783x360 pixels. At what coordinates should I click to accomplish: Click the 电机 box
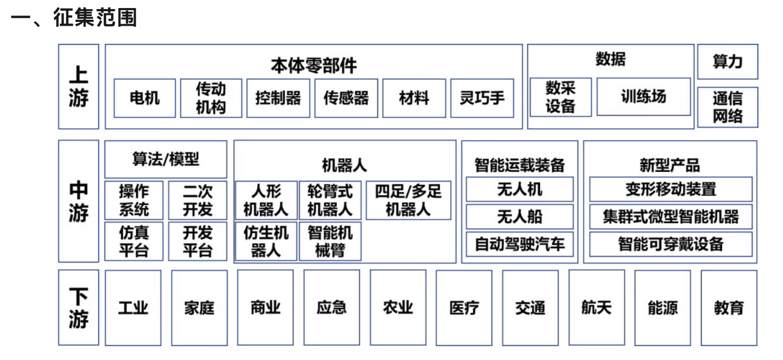pyautogui.click(x=145, y=98)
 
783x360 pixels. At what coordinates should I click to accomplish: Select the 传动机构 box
pyautogui.click(x=211, y=98)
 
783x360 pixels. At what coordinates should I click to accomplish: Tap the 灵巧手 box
pyautogui.click(x=482, y=98)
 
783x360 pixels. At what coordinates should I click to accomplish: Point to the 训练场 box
pyautogui.click(x=644, y=97)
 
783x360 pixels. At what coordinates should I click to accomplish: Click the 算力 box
pyautogui.click(x=728, y=62)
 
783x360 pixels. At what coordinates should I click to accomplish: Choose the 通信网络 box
pyautogui.click(x=728, y=107)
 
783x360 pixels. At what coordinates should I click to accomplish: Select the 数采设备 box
pyautogui.click(x=561, y=97)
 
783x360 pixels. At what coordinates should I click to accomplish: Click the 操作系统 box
pyautogui.click(x=134, y=200)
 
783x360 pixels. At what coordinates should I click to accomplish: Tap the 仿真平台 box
pyautogui.click(x=134, y=241)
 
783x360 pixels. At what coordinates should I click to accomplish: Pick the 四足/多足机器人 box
pyautogui.click(x=409, y=200)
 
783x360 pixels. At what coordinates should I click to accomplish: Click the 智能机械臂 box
pyautogui.click(x=330, y=241)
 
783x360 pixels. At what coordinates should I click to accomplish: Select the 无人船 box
pyautogui.click(x=520, y=217)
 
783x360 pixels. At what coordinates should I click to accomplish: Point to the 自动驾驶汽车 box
pyautogui.click(x=520, y=244)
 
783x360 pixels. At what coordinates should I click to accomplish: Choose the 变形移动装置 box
pyautogui.click(x=671, y=190)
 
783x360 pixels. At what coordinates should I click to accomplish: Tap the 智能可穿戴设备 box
pyautogui.click(x=671, y=244)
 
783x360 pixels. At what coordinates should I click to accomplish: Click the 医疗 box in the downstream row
pyautogui.click(x=464, y=308)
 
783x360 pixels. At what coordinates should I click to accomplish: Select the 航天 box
pyautogui.click(x=597, y=308)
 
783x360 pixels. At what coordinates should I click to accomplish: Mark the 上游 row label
pyautogui.click(x=79, y=87)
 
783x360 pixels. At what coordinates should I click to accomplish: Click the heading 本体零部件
pyautogui.click(x=314, y=65)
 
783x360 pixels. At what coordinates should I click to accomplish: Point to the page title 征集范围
pyautogui.click(x=95, y=17)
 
